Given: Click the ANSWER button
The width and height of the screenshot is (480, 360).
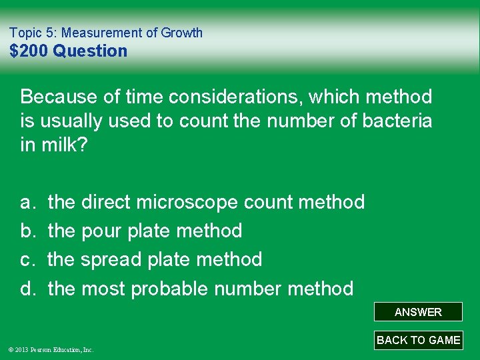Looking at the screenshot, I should point(418,312).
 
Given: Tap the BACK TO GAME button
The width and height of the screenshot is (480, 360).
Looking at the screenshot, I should point(418,340).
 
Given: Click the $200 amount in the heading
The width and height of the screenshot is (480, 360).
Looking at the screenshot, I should point(29,51).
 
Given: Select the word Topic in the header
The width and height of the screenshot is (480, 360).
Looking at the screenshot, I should point(25,33).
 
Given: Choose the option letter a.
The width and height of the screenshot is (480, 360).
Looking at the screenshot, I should point(27,202).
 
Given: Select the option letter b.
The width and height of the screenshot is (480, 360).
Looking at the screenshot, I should point(27,231).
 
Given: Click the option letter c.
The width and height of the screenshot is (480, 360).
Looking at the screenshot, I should point(27,259).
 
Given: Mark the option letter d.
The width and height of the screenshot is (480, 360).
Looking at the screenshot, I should point(27,289).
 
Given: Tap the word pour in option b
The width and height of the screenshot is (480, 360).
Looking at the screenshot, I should point(101,231).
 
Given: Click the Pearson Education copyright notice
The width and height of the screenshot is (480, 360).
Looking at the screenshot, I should point(51,349).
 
